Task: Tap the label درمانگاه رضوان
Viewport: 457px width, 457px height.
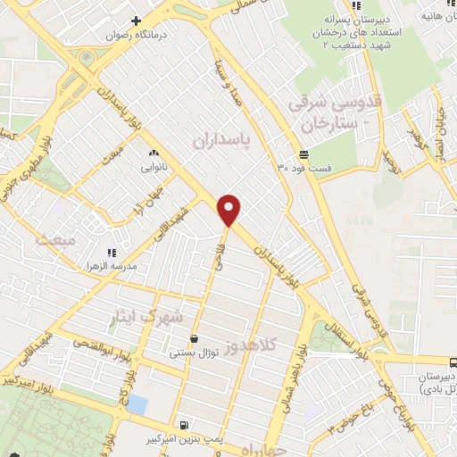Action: tap(135, 37)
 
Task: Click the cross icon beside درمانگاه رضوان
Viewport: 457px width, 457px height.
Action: tap(136, 21)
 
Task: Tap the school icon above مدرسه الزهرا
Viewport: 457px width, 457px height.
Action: tap(112, 253)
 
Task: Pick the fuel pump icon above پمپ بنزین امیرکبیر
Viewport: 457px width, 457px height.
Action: tap(183, 425)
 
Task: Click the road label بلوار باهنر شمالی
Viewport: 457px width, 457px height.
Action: tap(293, 391)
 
